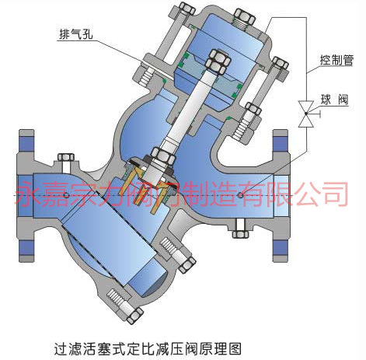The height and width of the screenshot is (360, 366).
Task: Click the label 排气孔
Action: [x=76, y=34]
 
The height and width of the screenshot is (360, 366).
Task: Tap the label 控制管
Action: [x=336, y=61]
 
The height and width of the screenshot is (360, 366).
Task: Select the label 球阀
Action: [x=334, y=100]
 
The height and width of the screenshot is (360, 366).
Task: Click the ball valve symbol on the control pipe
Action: [x=307, y=114]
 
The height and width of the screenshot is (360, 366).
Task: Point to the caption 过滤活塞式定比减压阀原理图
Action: [x=148, y=348]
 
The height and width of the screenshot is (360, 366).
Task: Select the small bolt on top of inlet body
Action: [x=66, y=162]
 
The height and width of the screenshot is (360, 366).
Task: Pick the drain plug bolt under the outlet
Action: [x=240, y=229]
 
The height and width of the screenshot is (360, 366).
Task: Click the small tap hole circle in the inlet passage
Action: [x=66, y=195]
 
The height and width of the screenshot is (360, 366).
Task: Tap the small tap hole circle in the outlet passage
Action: [x=240, y=194]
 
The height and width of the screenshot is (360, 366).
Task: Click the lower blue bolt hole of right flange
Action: [x=281, y=248]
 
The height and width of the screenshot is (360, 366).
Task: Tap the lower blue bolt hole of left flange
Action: [x=26, y=248]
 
